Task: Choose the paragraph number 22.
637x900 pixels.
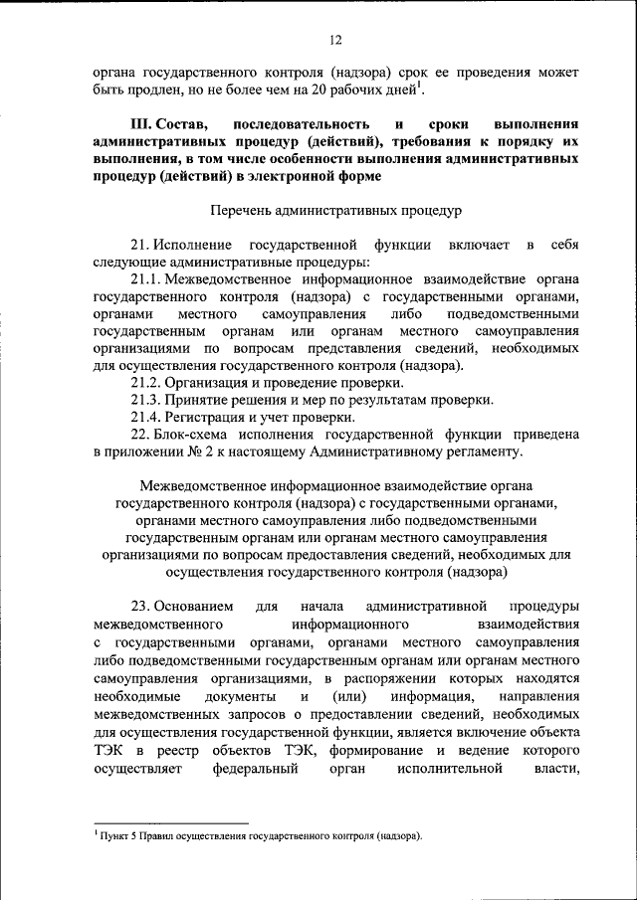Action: coord(140,435)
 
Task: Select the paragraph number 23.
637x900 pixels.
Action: coord(140,606)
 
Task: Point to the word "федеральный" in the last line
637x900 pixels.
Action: coord(256,768)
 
